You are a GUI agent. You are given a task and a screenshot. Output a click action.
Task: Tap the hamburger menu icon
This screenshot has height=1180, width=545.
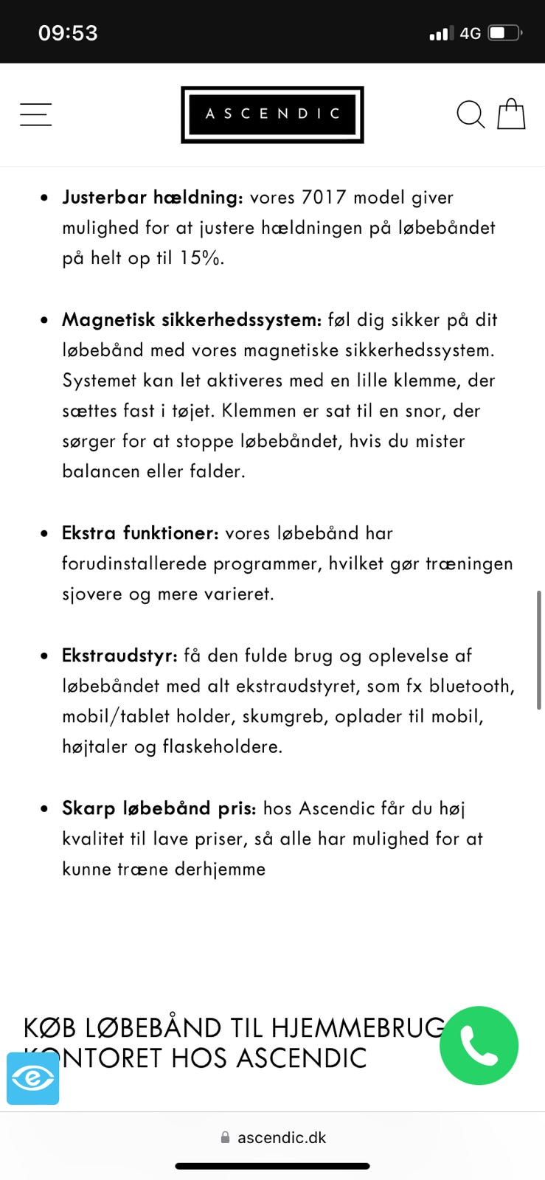click(x=35, y=114)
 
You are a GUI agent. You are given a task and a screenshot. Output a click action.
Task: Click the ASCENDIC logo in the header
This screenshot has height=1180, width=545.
click(x=272, y=114)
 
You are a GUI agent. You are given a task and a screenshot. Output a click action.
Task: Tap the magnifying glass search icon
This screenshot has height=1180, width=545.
click(x=470, y=114)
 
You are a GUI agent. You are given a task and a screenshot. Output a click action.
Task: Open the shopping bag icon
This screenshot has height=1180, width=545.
click(x=511, y=114)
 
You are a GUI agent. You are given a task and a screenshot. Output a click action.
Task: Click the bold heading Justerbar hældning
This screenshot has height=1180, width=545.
click(x=152, y=198)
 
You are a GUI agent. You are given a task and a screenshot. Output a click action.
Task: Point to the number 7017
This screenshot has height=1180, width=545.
click(x=324, y=198)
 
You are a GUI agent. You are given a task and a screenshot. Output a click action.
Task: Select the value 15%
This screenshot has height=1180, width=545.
click(x=201, y=258)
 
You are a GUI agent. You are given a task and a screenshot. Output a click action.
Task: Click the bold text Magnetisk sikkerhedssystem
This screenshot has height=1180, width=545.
click(x=192, y=320)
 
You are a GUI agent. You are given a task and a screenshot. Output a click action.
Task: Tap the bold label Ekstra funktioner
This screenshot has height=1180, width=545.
click(x=140, y=533)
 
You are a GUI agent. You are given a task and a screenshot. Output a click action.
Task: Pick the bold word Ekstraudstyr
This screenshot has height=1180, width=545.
click(x=119, y=656)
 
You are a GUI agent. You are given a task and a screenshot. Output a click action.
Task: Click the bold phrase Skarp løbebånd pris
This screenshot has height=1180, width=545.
click(x=159, y=808)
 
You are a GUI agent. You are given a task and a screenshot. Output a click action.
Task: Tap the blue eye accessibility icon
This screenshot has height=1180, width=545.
click(x=32, y=1078)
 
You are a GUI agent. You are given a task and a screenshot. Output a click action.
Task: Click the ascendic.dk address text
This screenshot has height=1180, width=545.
click(x=282, y=1137)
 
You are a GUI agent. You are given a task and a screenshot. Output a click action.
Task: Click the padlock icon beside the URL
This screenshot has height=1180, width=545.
click(x=225, y=1138)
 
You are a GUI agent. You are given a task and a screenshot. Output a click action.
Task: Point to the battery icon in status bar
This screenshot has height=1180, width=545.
click(x=505, y=33)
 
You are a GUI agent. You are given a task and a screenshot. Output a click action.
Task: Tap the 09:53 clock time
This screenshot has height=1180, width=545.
click(x=68, y=33)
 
